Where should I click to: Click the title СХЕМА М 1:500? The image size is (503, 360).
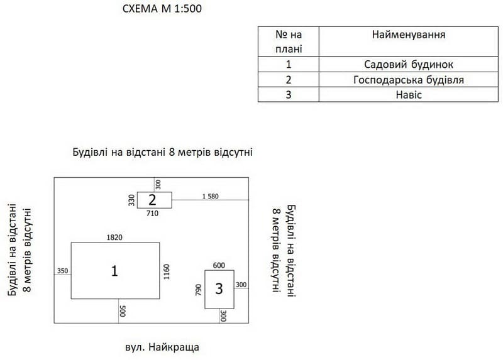[162, 9]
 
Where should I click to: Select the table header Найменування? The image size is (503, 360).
[409, 35]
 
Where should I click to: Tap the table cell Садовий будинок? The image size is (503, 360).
[409, 64]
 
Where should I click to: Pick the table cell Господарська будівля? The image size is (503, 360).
[409, 80]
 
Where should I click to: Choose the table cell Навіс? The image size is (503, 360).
[409, 95]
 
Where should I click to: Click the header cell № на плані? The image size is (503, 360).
[289, 41]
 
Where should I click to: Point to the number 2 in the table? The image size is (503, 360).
[289, 80]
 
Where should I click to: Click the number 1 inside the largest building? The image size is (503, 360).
[114, 271]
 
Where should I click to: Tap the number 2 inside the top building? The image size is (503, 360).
[152, 200]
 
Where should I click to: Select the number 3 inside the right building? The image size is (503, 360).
[219, 289]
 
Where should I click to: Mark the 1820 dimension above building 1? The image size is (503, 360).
[114, 237]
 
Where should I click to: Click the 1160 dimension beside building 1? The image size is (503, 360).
[167, 271]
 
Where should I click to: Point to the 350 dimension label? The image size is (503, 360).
[62, 271]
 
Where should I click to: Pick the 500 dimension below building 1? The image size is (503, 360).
[123, 310]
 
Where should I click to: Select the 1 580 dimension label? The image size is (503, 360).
[210, 196]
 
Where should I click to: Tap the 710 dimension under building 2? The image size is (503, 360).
[152, 214]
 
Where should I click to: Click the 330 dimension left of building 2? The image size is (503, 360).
[131, 200]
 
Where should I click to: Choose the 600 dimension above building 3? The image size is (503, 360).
[219, 265]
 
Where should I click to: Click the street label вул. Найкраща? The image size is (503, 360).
[162, 346]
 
